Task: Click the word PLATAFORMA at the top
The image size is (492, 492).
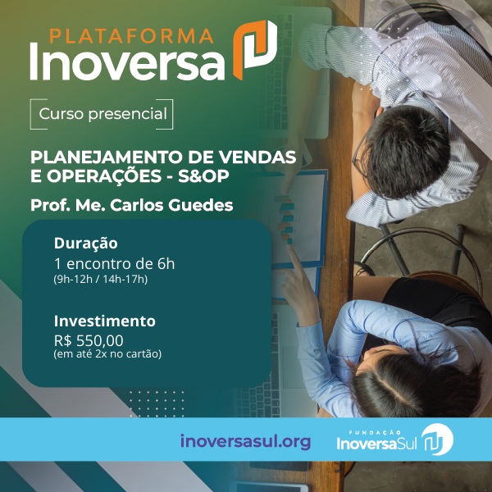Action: coord(131,35)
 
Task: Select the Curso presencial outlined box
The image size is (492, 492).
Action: coord(102,113)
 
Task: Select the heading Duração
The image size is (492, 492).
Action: coord(86,243)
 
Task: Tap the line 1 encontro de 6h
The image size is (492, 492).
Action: coord(114,263)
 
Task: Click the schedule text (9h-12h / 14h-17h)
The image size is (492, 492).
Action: coord(101,280)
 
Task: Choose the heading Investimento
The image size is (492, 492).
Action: coord(104,321)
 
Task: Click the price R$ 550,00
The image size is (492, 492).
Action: coord(89,340)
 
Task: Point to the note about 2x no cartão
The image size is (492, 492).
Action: coord(107,354)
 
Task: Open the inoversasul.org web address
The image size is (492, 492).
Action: coord(245,441)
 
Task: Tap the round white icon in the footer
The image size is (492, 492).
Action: coord(437,440)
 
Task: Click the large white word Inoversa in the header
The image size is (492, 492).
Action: coord(127,62)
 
